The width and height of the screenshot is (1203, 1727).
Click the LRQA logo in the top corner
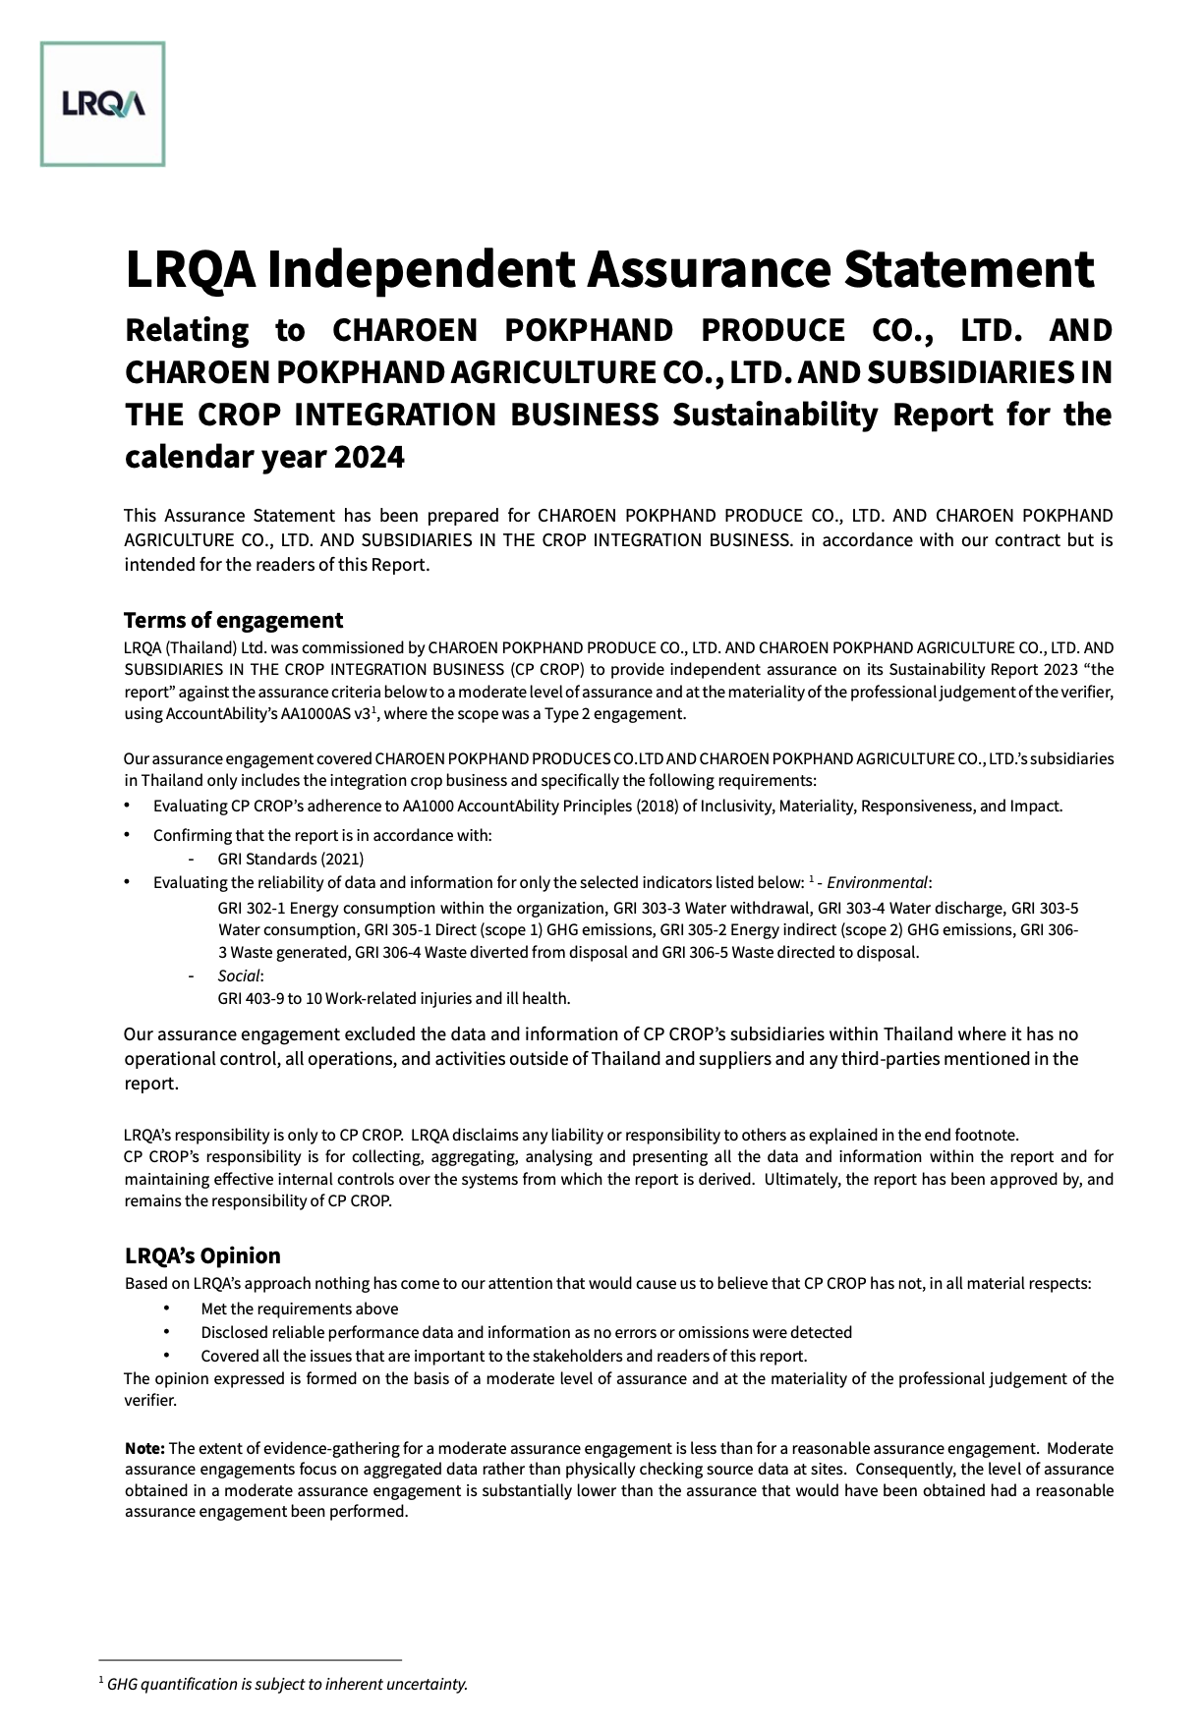[102, 104]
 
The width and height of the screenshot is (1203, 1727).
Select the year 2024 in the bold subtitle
[369, 458]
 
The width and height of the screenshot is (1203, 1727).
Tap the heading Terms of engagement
[233, 620]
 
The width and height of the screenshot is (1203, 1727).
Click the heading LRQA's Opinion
[202, 1255]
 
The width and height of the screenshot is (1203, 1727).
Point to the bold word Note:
[144, 1448]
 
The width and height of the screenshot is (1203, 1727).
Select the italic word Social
[240, 975]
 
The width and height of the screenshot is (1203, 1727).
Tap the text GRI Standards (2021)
[291, 859]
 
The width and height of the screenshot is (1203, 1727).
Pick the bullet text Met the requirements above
[300, 1309]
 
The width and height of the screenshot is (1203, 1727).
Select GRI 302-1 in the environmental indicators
[251, 908]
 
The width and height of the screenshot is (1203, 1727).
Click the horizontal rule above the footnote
[251, 1659]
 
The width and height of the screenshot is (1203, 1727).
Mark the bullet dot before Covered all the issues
[167, 1356]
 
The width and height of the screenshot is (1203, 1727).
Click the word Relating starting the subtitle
[187, 331]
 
